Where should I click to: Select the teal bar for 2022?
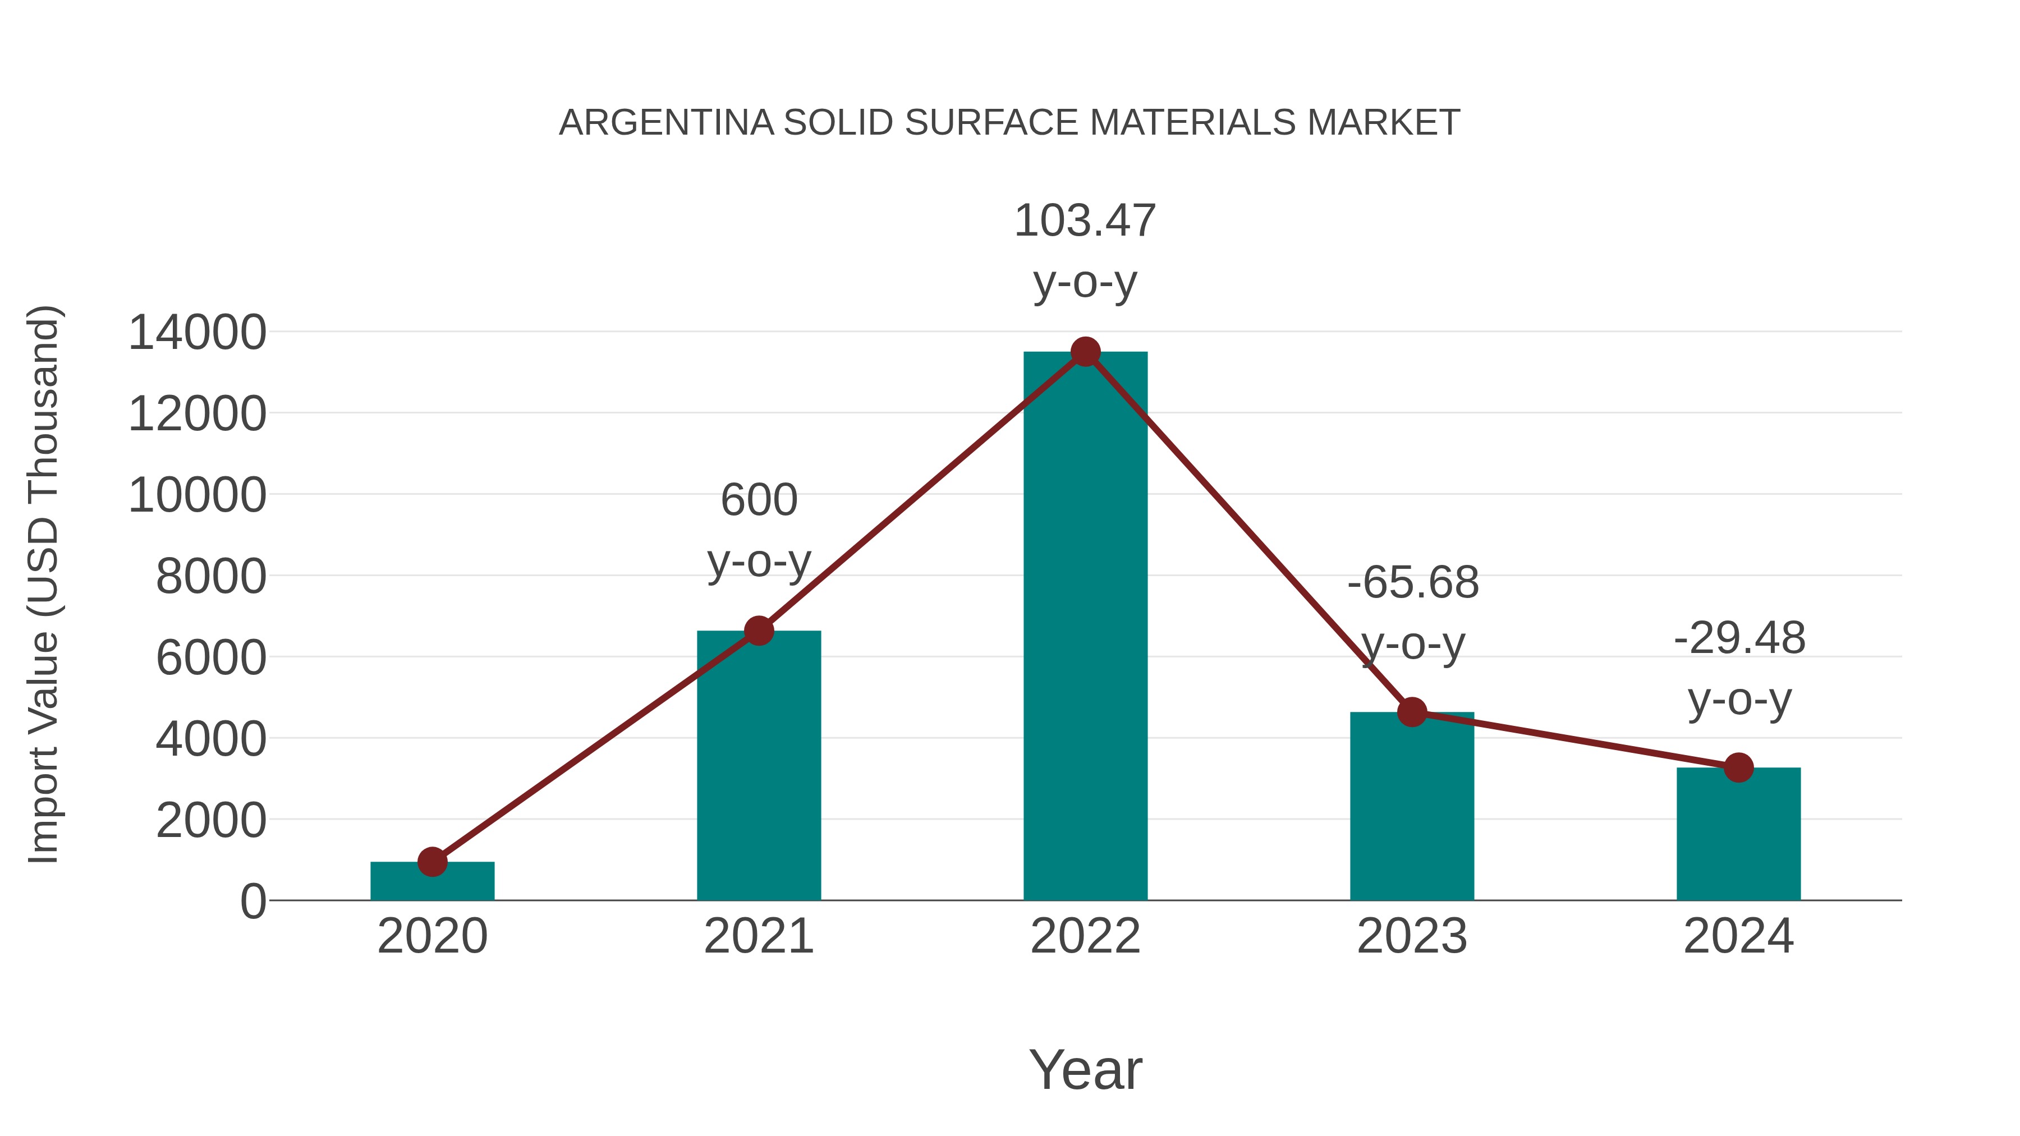pyautogui.click(x=1085, y=627)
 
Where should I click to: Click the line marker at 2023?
pyautogui.click(x=1412, y=712)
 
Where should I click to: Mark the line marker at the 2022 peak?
pyautogui.click(x=1085, y=352)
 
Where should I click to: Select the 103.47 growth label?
pyautogui.click(x=1085, y=221)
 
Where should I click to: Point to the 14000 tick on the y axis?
pyautogui.click(x=198, y=333)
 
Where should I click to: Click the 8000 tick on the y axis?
pyautogui.click(x=211, y=577)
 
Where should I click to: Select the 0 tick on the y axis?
pyautogui.click(x=253, y=902)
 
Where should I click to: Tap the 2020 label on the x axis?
pyautogui.click(x=432, y=936)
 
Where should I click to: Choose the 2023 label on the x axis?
pyautogui.click(x=1412, y=936)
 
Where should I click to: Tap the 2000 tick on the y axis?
pyautogui.click(x=211, y=821)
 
